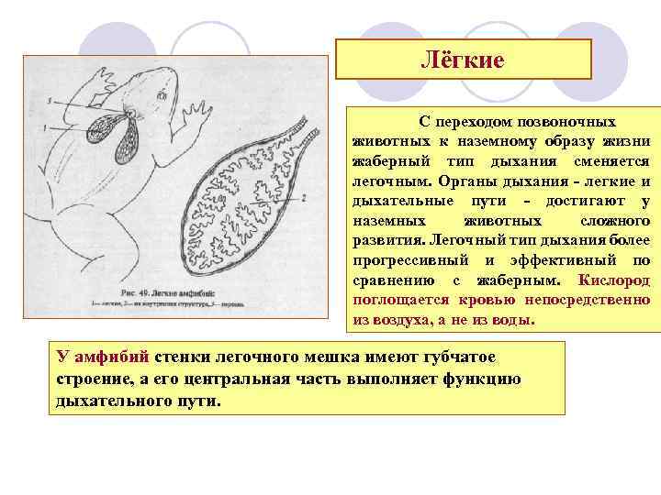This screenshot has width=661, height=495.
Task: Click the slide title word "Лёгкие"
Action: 463,60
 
